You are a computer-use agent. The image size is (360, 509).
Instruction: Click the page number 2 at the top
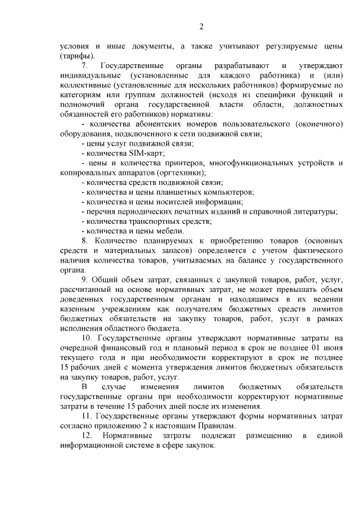(201, 26)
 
